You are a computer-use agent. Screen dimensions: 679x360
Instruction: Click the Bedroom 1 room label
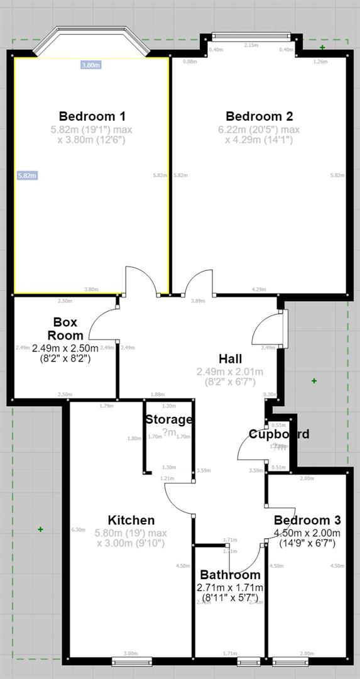[x=92, y=116]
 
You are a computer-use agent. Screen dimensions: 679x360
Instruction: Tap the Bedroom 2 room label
[x=259, y=116]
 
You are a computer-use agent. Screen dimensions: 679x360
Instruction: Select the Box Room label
[x=65, y=329]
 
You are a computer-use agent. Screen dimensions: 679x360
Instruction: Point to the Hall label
[x=231, y=359]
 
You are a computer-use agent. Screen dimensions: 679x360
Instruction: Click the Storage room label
[x=168, y=419]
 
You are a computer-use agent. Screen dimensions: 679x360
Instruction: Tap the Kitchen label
[x=131, y=520]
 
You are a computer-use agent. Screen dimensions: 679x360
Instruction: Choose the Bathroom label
[x=230, y=575]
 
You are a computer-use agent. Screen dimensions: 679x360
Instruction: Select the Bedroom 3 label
[x=307, y=520]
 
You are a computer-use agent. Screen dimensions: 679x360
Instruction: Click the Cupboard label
[x=279, y=434]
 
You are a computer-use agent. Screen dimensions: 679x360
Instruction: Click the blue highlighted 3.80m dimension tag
[x=91, y=65]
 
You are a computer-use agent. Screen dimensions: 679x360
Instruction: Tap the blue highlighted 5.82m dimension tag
[x=28, y=175]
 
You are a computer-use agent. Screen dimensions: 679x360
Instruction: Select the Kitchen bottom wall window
[x=132, y=661]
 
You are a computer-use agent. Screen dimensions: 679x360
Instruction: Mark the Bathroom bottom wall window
[x=249, y=661]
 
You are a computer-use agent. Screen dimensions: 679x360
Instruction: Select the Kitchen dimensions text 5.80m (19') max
[x=131, y=533]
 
